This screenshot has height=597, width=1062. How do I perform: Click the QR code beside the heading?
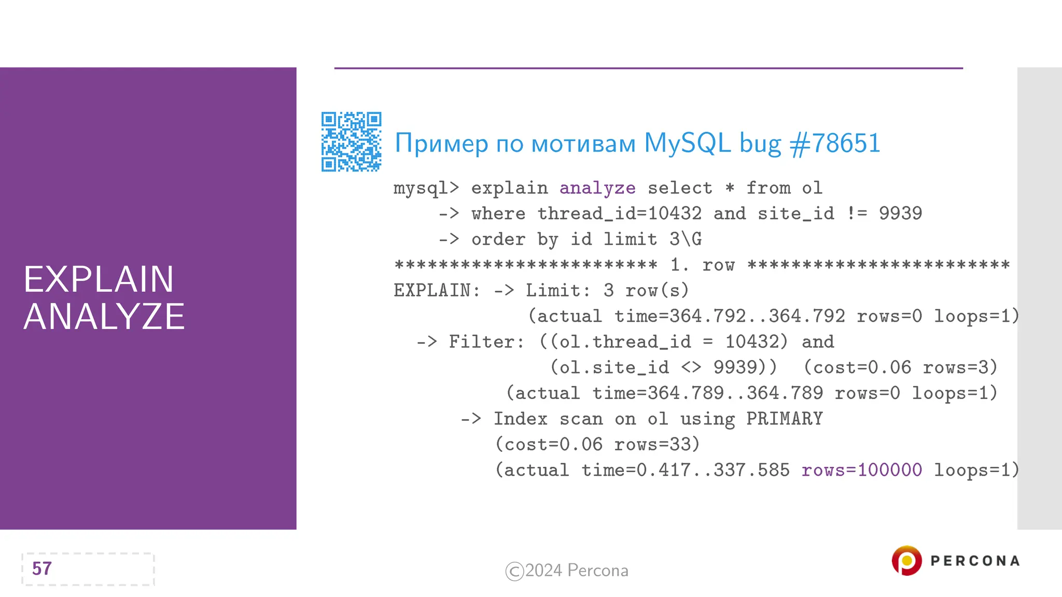[351, 141]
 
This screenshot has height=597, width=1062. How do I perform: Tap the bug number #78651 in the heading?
[835, 143]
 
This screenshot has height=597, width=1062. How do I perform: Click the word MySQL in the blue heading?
[687, 143]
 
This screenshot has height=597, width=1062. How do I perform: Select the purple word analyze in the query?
[597, 188]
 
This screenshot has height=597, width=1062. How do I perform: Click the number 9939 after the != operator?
[900, 214]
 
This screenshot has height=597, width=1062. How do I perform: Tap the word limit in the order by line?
[630, 239]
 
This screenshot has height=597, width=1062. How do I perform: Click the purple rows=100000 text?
[861, 470]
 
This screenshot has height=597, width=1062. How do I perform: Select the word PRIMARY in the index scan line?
[785, 419]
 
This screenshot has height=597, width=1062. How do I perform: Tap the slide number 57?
[42, 568]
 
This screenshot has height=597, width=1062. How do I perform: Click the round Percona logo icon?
[906, 560]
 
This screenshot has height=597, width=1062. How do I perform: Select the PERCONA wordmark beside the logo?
[975, 561]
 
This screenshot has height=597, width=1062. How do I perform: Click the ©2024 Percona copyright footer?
[567, 571]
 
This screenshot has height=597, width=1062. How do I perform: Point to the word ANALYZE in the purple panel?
[104, 317]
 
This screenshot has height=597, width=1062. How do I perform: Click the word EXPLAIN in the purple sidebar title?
[99, 279]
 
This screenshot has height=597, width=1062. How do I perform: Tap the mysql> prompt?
[426, 188]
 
